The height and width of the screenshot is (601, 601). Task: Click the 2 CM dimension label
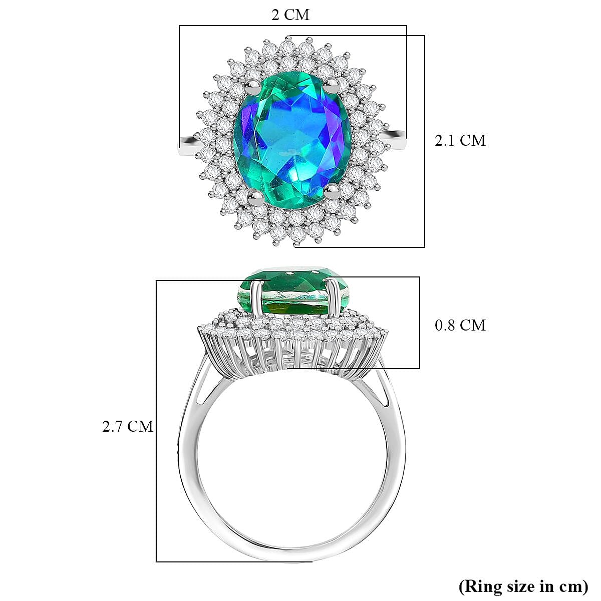[290, 15]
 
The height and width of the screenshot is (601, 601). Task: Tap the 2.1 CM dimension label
[460, 140]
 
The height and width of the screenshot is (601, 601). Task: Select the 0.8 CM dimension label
[460, 326]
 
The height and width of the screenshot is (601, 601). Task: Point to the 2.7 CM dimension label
[128, 426]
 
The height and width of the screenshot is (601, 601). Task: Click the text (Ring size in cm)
[523, 585]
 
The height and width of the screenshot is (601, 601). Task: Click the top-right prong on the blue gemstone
[331, 83]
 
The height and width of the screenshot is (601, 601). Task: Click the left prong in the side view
[256, 298]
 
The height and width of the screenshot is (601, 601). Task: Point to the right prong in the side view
[331, 298]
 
